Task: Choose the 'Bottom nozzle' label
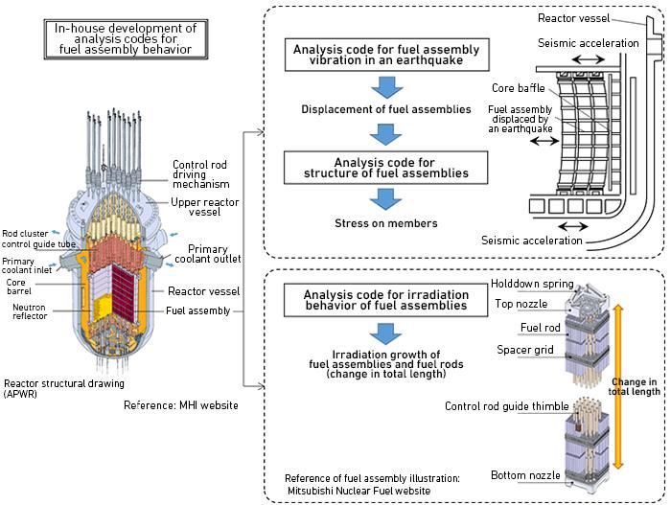point(521,475)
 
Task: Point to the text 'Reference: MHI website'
point(182,405)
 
